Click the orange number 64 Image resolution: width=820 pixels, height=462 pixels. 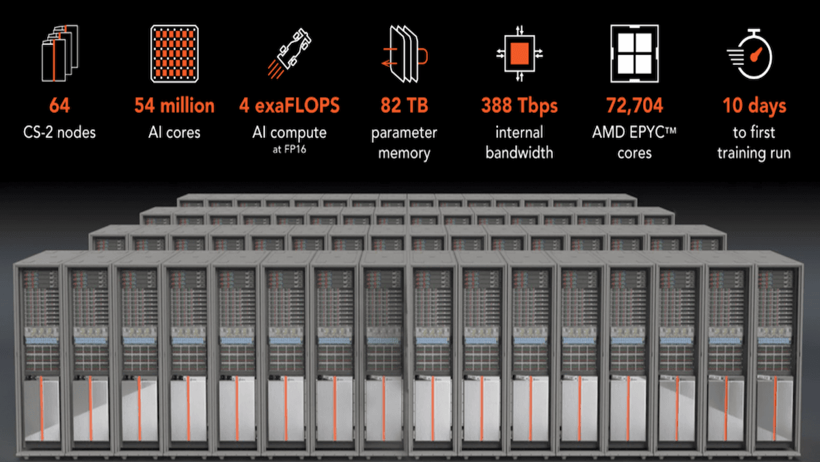click(x=59, y=105)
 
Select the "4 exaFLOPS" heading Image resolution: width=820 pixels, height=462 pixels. click(x=289, y=105)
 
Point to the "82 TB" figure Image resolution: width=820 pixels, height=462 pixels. click(x=404, y=105)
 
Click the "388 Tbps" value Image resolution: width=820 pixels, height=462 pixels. click(x=519, y=105)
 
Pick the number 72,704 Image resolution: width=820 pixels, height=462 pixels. click(x=634, y=105)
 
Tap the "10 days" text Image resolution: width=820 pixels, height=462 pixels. click(x=754, y=105)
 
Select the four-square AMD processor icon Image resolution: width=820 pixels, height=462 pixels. click(x=633, y=51)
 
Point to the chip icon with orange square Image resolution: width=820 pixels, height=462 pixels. click(x=520, y=52)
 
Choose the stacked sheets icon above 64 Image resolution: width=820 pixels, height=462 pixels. click(x=60, y=52)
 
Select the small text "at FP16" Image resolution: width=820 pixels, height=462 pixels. click(x=289, y=146)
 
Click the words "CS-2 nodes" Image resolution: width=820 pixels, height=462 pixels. click(x=59, y=132)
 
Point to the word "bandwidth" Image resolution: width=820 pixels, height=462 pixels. click(x=519, y=152)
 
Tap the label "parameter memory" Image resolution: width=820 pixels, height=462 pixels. click(x=404, y=142)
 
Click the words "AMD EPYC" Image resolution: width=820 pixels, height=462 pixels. click(x=629, y=132)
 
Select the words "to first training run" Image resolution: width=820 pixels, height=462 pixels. click(x=754, y=142)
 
